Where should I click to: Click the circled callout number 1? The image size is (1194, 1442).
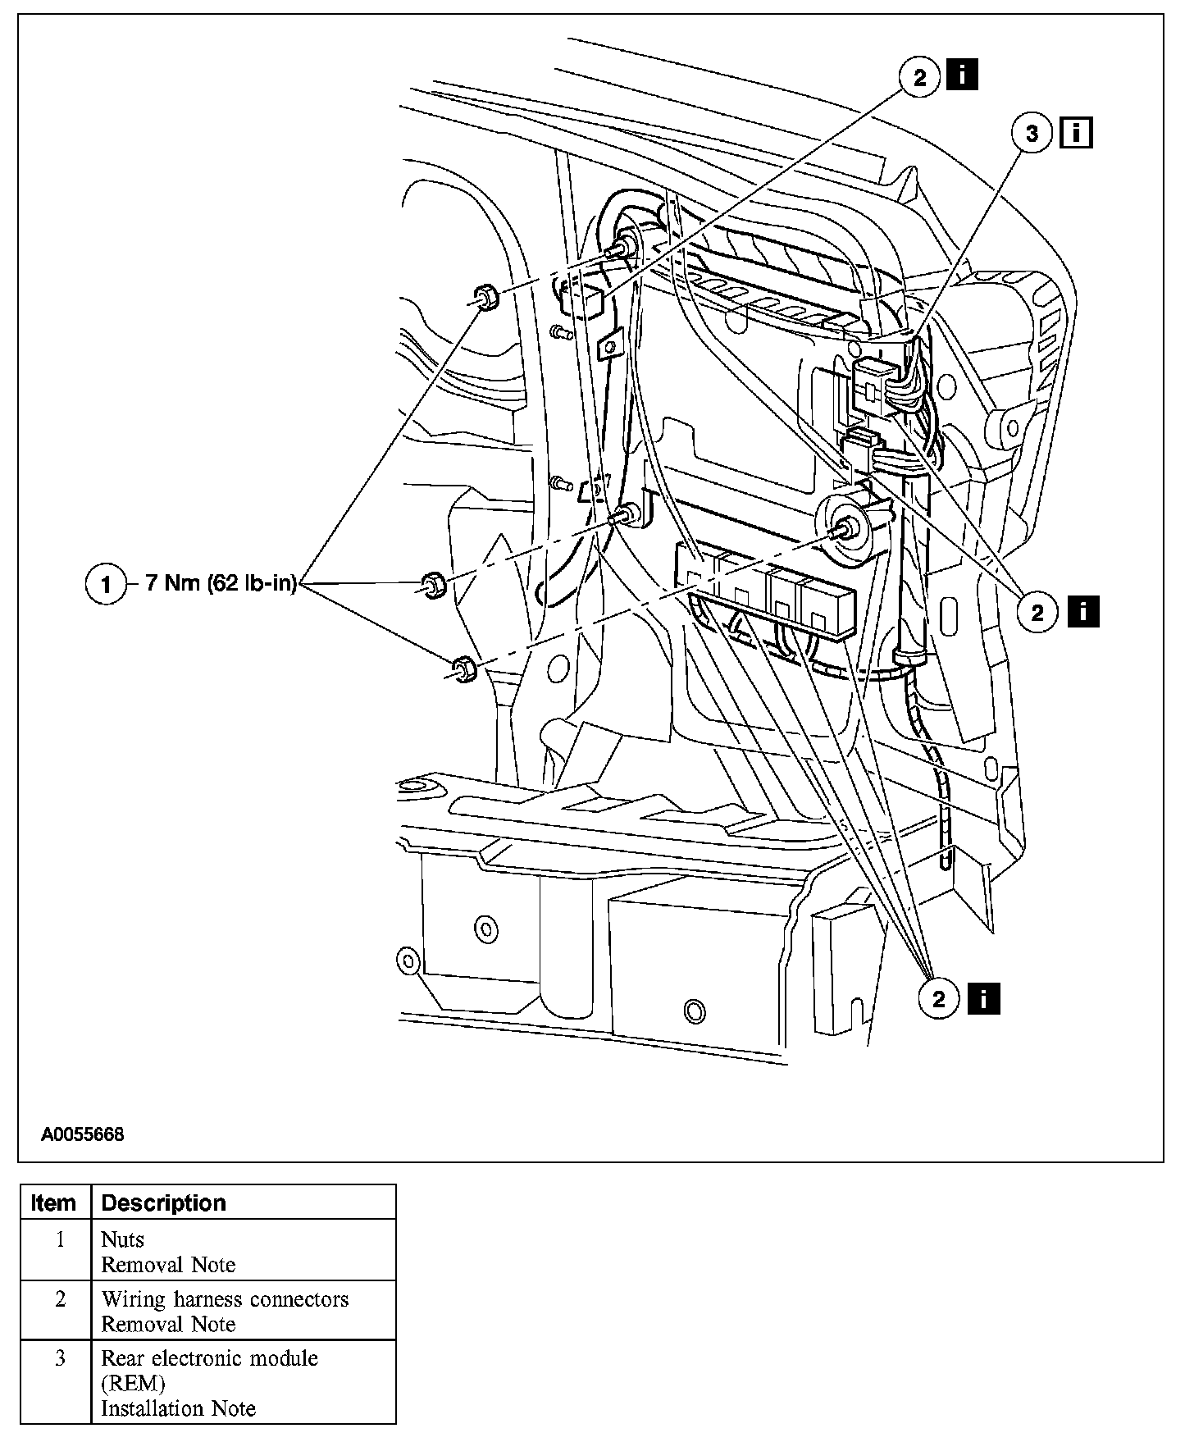(106, 585)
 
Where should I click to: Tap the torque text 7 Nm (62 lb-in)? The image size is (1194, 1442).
(221, 584)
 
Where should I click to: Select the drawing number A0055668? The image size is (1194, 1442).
(83, 1135)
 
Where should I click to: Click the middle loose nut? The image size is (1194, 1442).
(432, 585)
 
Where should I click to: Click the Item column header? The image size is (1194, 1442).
(53, 1203)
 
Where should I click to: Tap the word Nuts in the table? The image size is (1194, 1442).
(122, 1239)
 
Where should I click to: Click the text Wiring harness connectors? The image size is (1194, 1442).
(225, 1299)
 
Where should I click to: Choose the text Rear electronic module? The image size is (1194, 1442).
(209, 1358)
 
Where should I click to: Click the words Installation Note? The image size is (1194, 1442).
(178, 1408)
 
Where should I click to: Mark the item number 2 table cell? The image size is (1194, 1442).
(60, 1299)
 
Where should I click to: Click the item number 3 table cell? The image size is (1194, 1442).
(60, 1358)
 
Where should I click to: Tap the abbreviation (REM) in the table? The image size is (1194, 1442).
(133, 1383)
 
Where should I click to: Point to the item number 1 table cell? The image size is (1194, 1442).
(60, 1239)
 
